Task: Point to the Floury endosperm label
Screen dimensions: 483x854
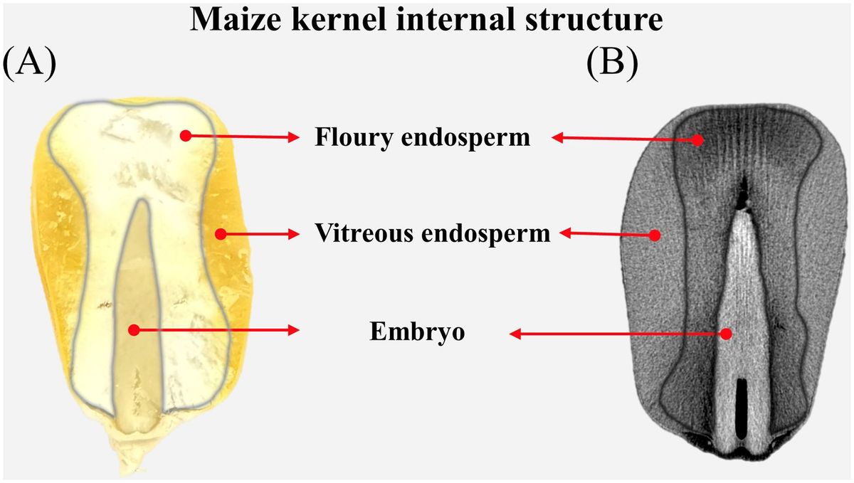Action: (422, 137)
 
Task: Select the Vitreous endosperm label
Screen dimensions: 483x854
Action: (432, 233)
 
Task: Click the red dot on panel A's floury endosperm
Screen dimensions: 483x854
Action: (186, 135)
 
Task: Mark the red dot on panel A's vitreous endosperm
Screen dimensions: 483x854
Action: (221, 233)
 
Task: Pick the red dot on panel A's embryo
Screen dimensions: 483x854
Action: (133, 330)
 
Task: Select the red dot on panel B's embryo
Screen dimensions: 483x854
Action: (725, 333)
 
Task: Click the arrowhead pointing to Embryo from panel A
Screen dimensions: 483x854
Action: (292, 330)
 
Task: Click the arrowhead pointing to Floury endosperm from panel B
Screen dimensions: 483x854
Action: (558, 138)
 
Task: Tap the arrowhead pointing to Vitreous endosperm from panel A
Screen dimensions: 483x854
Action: (292, 233)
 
